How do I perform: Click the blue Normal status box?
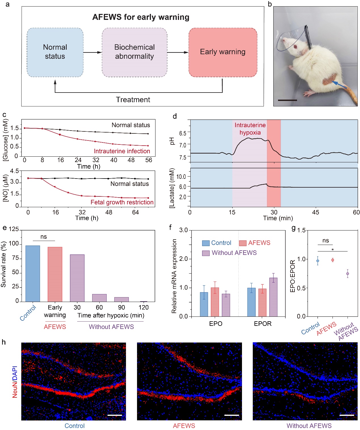[x=55, y=52]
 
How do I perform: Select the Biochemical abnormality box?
[x=134, y=52]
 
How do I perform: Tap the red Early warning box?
[x=223, y=52]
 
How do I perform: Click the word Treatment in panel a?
[x=133, y=100]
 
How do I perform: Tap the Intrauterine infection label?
[x=122, y=151]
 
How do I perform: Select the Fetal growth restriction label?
[x=122, y=202]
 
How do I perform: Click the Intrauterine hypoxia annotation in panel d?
[x=250, y=129]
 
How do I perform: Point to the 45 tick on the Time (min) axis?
[x=315, y=212]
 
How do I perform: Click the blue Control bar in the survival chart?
[x=33, y=273]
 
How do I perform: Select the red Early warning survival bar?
[x=55, y=274]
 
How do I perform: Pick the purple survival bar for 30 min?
[x=77, y=278]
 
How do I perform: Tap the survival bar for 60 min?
[x=99, y=298]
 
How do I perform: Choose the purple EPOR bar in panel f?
[x=273, y=297]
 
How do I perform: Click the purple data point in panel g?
[x=348, y=274]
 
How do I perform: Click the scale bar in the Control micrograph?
[x=115, y=415]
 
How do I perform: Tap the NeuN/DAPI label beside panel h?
[x=15, y=382]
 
